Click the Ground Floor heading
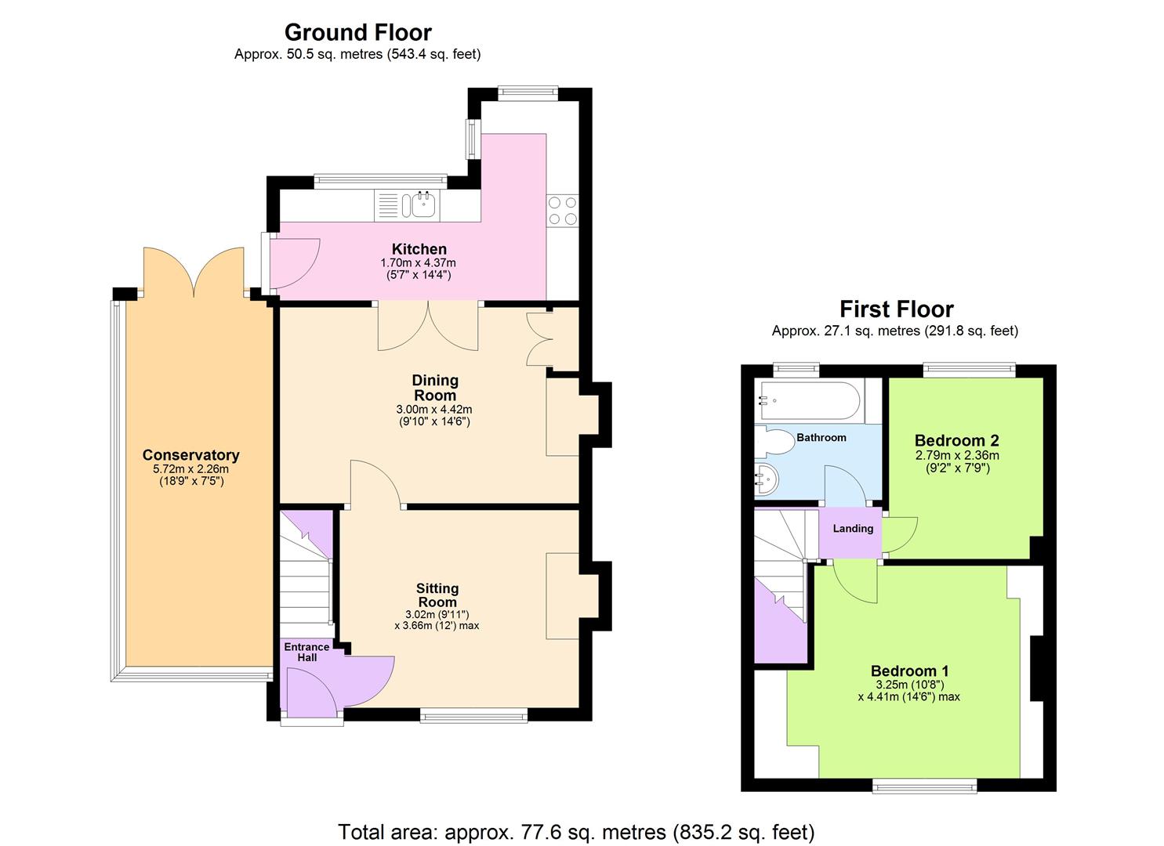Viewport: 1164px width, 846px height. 357,32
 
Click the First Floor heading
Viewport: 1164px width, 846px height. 896,309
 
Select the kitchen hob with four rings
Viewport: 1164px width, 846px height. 562,209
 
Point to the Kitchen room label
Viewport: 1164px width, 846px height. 419,249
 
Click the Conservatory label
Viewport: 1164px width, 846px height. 190,455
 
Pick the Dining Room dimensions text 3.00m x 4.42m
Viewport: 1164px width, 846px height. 434,410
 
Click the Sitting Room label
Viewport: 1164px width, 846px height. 437,595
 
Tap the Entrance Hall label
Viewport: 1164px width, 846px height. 306,652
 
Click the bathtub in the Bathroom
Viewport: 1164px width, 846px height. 807,401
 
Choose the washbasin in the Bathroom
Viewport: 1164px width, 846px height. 765,479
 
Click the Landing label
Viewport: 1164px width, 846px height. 853,529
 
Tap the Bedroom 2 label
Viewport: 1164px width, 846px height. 956,440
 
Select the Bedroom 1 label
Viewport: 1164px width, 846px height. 909,671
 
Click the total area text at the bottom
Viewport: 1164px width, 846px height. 576,831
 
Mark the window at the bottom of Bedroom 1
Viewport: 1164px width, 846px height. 925,785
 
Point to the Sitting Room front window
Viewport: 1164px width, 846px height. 473,714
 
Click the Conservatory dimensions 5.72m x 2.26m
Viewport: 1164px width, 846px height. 190,469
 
